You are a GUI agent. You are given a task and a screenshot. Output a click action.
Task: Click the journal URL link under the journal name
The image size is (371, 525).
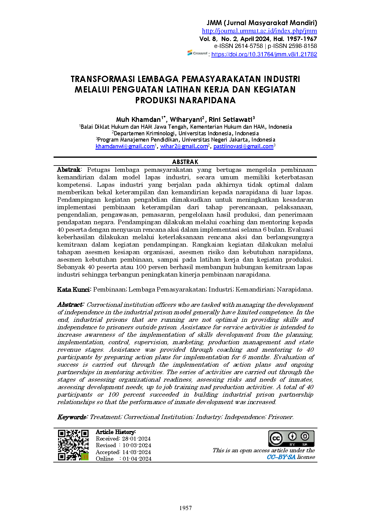point(259,31)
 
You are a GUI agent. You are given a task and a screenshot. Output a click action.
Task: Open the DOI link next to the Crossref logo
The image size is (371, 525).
point(264,54)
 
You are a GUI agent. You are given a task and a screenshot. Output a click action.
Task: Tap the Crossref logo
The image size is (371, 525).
point(197,53)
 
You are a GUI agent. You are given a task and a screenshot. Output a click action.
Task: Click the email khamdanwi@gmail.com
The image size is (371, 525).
point(125,146)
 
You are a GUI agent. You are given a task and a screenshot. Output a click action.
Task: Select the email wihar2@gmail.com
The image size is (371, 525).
point(184,146)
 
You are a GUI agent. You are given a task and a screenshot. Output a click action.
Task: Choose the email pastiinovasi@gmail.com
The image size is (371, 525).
point(243,146)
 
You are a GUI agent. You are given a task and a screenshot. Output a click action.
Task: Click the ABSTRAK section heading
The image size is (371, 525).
point(185,162)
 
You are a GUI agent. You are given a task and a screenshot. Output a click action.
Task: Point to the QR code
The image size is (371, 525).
point(73,445)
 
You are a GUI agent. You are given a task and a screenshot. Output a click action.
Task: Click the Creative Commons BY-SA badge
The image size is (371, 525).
point(291,438)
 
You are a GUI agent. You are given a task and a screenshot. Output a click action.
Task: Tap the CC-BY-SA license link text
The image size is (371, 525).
point(281,457)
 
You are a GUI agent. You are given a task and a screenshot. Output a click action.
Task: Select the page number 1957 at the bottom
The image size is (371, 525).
point(185,508)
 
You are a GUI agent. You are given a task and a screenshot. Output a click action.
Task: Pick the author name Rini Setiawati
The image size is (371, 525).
point(230,120)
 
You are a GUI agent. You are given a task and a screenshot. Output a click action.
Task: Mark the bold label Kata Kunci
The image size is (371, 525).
point(73,289)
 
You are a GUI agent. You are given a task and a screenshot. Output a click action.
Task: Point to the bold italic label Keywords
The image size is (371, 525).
point(72,417)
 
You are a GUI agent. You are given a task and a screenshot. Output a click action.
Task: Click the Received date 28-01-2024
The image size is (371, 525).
point(136,439)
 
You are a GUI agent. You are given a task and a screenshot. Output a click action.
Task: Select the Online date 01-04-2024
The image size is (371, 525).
point(137,459)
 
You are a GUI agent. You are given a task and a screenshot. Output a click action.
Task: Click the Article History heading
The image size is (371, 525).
point(115,432)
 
